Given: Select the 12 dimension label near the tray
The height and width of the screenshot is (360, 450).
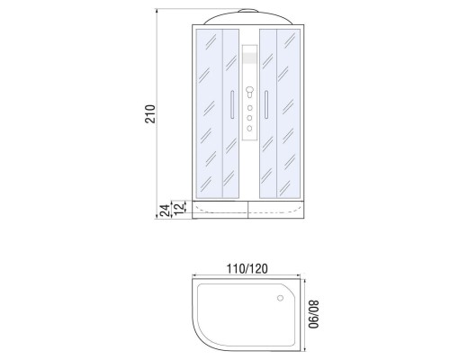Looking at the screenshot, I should tap(179, 208).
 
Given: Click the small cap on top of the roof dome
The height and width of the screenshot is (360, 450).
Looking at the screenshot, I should tap(247, 13).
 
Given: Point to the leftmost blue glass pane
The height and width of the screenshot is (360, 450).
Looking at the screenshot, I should tap(208, 112).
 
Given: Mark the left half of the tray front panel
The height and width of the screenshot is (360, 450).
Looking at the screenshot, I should tap(219, 214).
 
